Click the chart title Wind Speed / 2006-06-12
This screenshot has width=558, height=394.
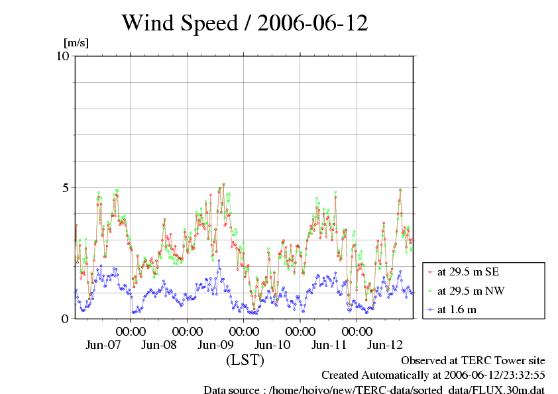coord(245,23)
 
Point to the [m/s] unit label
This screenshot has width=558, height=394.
coord(76,44)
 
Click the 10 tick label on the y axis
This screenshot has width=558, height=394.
coord(63,56)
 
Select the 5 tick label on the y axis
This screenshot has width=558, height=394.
coord(65,187)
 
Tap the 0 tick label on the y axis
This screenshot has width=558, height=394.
coord(65,319)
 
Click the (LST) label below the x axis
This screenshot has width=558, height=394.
coord(245,360)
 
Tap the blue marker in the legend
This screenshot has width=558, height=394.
coord(431,309)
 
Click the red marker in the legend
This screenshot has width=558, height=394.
coord(431,271)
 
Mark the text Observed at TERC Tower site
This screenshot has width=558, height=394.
coord(473,360)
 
